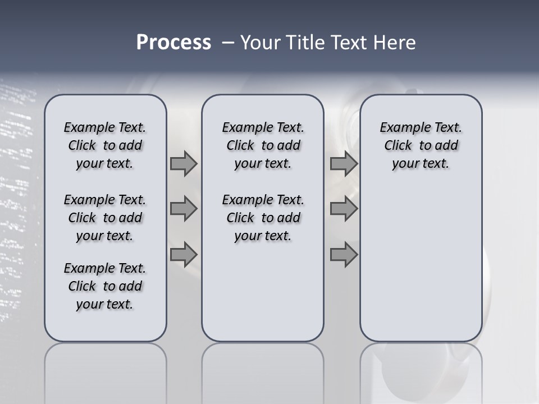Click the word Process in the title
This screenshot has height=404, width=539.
click(173, 43)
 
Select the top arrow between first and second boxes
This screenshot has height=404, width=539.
click(184, 163)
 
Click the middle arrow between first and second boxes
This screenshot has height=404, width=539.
click(184, 209)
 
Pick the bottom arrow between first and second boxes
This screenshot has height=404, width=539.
click(184, 254)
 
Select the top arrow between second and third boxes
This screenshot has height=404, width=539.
click(344, 163)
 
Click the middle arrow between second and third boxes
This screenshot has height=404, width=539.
click(344, 209)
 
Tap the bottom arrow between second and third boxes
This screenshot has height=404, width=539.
click(344, 254)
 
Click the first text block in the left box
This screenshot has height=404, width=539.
click(105, 145)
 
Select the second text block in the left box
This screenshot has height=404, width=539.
click(105, 218)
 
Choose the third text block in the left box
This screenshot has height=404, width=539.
click(105, 286)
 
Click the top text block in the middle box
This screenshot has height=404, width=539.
click(263, 145)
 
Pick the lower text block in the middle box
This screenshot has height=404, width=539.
click(263, 218)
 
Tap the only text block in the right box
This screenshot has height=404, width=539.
click(421, 145)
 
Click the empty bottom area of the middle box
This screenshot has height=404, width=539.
click(263, 297)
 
